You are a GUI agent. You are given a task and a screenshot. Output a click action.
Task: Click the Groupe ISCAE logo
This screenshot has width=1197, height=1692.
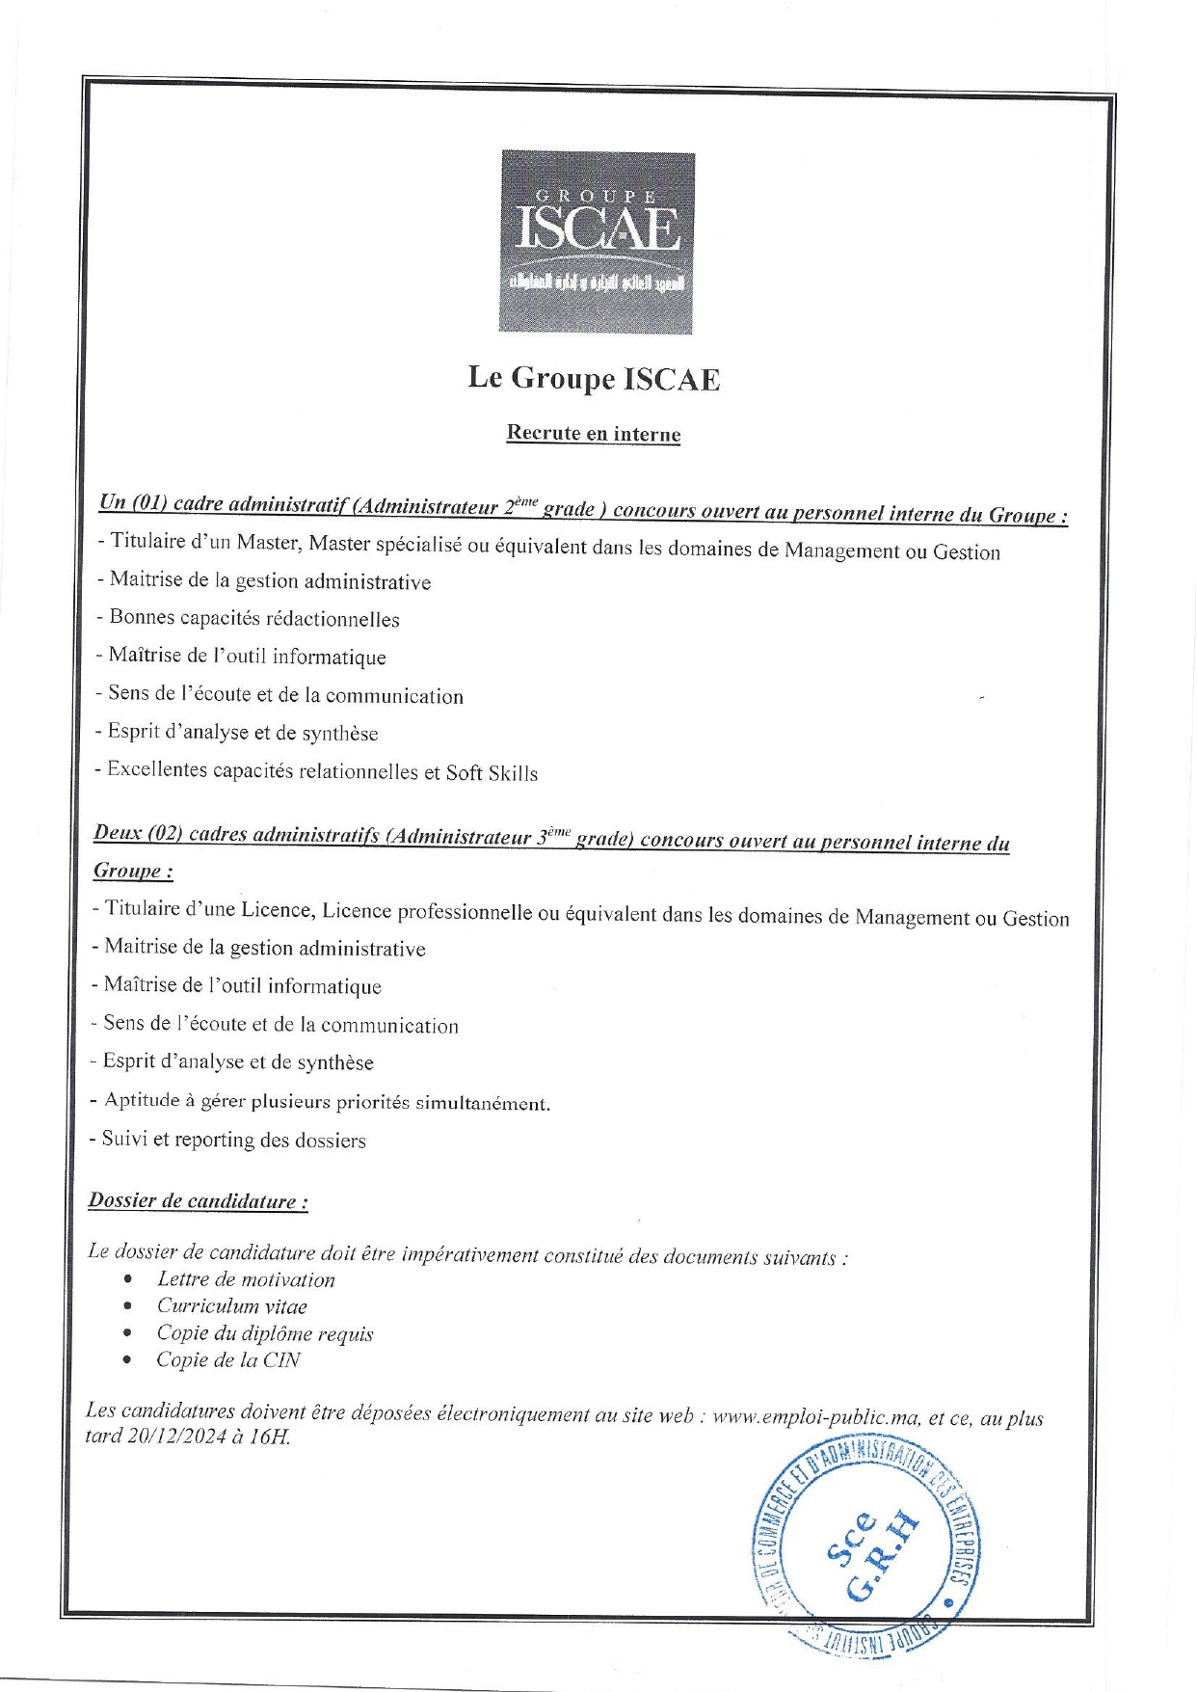tap(597, 242)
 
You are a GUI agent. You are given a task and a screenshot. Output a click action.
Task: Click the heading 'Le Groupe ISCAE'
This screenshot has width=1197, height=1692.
tap(594, 378)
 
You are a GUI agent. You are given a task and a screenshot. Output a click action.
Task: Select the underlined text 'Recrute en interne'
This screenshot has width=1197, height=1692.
tap(594, 434)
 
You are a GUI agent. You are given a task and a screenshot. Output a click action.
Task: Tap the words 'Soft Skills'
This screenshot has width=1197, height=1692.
tap(492, 773)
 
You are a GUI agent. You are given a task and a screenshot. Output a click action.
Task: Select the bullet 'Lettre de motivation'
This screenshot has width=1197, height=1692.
tap(246, 1280)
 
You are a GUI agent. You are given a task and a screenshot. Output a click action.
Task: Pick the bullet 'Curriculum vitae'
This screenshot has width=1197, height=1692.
tap(232, 1307)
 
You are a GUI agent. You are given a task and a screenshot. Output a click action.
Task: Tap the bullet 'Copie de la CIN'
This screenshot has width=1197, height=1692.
tap(228, 1360)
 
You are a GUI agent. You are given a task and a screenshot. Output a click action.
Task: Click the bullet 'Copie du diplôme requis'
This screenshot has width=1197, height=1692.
tap(265, 1334)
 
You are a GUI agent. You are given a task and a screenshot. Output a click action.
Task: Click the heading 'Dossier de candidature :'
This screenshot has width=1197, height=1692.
tap(198, 1201)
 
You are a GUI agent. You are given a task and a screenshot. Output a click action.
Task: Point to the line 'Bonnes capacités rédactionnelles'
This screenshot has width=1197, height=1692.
tap(253, 619)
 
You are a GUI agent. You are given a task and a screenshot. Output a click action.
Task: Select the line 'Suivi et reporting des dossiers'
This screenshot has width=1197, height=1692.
tap(233, 1140)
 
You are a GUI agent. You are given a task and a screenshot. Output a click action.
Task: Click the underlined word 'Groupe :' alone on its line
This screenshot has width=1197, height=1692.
tap(133, 871)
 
